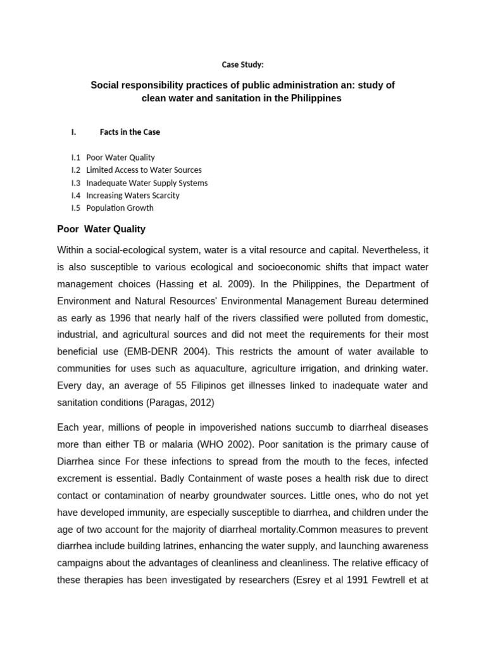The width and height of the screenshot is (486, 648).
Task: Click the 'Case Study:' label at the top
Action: coord(242,65)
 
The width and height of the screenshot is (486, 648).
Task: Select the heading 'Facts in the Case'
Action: coord(130,132)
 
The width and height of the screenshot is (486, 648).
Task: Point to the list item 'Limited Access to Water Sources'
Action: coord(144,170)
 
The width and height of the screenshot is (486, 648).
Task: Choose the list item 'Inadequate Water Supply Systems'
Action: coord(147,183)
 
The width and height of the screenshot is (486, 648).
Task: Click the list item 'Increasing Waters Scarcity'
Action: coord(133,196)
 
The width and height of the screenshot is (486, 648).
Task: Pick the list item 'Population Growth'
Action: coord(120,208)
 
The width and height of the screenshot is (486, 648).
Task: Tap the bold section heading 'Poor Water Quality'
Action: coord(101,229)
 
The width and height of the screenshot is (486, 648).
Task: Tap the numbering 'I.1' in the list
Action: coord(76,158)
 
